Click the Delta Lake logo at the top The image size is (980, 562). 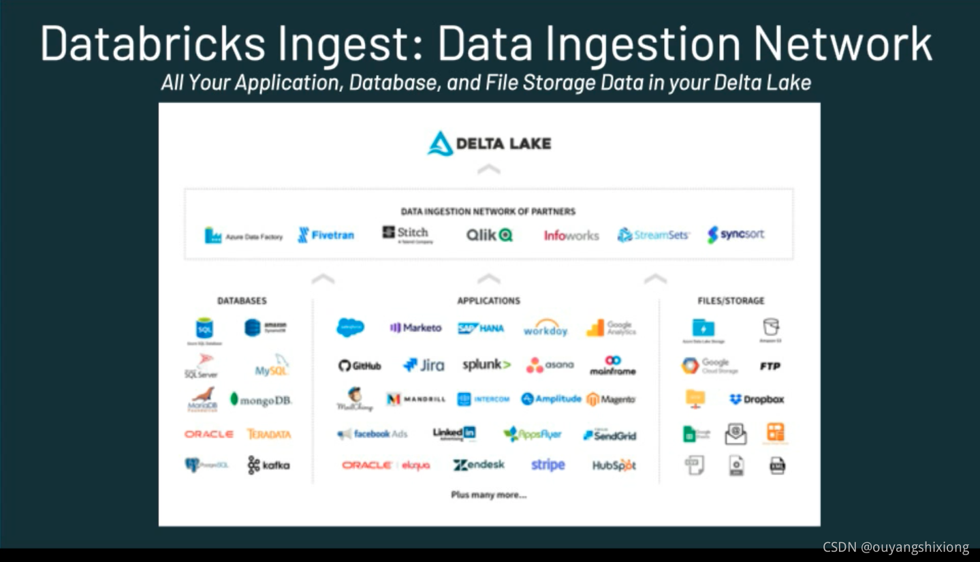tap(489, 144)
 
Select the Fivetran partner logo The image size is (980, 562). tap(326, 235)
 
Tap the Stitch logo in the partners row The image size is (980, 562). tap(406, 234)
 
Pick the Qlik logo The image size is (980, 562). tap(489, 235)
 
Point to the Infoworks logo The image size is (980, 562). tap(571, 235)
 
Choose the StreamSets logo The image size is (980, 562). tap(653, 235)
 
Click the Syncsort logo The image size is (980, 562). tap(736, 234)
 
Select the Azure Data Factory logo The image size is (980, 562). tap(244, 236)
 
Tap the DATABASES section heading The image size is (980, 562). tap(242, 300)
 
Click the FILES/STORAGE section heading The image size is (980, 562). tap(731, 300)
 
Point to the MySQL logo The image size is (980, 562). tap(272, 366)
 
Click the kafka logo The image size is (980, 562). tap(268, 465)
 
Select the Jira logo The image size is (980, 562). tap(424, 365)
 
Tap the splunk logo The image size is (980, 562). tap(486, 365)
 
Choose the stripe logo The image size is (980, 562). tap(548, 465)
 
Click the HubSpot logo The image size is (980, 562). tap(614, 466)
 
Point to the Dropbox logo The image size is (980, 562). tap(757, 399)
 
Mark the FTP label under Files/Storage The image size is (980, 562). tap(770, 366)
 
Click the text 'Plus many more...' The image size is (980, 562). tap(488, 495)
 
